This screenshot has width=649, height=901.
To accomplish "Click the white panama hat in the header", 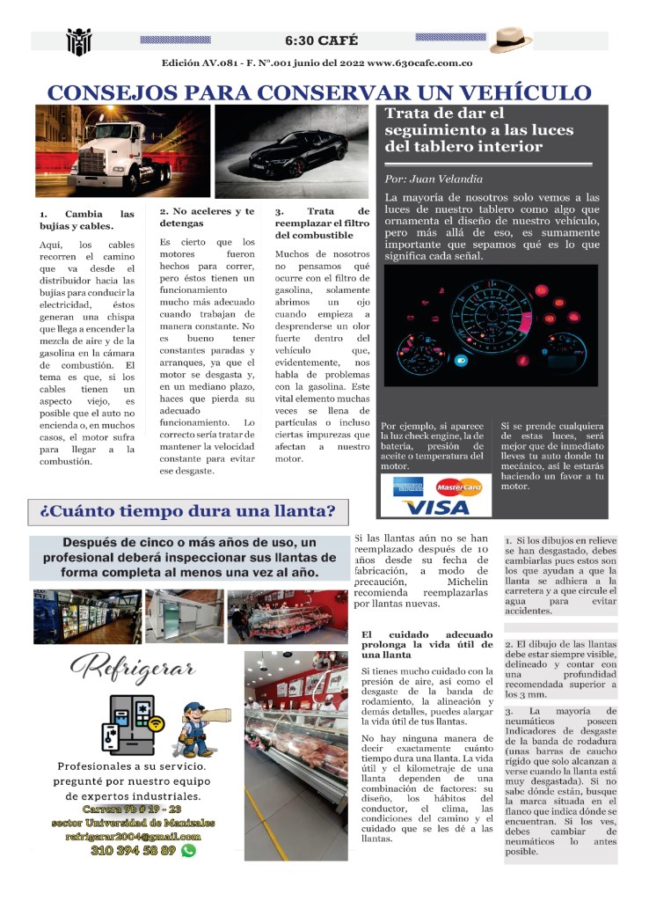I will pos(512,40).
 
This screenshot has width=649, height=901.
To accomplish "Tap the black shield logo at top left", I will pos(79,40).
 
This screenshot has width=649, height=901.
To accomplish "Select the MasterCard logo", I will pos(458,487).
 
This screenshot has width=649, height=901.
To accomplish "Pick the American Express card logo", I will pos(408,487).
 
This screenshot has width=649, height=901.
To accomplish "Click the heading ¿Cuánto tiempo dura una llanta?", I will pos(187,511).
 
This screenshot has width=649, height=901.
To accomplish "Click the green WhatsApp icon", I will pos(188,851).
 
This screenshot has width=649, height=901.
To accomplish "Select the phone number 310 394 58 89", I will pos(133,851).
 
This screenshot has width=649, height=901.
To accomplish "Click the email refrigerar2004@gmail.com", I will pos(133,836).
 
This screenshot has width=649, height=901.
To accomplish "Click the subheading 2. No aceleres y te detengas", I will pos(207,217).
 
